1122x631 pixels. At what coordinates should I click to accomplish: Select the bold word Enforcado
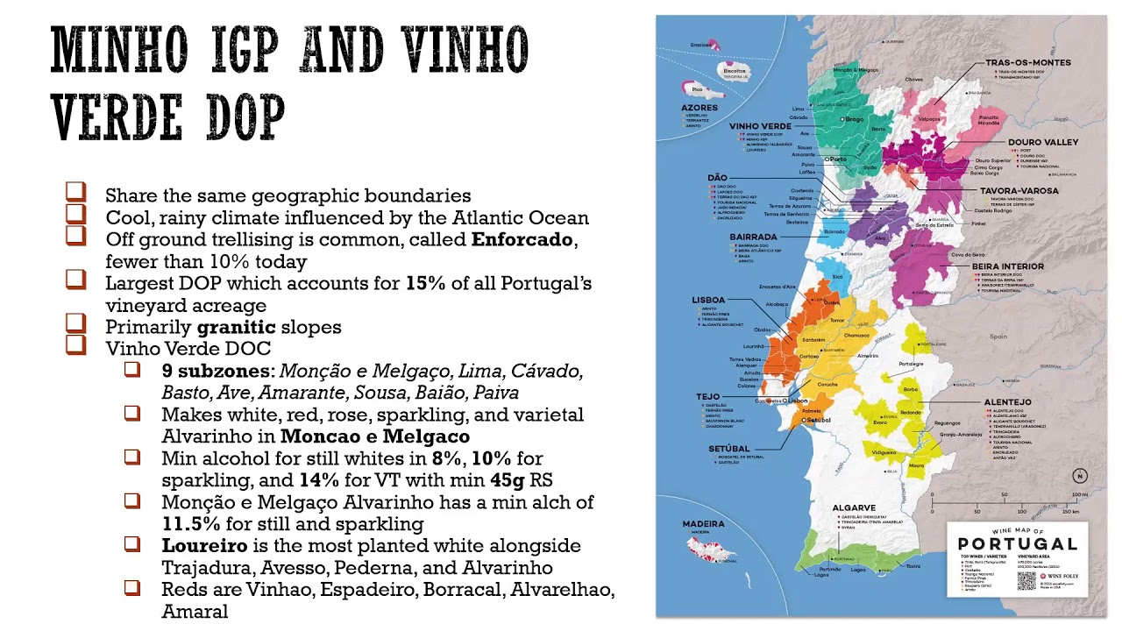522,239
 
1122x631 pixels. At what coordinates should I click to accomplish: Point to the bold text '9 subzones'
217,371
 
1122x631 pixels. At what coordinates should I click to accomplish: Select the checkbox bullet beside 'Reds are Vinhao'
132,587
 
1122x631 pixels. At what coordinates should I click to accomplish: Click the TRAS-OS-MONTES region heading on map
1027,63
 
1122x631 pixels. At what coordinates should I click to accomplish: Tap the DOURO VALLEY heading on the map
1042,142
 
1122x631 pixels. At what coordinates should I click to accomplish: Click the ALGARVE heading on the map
854,507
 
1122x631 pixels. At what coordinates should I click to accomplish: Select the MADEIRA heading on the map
703,524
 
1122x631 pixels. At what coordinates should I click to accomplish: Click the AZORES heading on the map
699,108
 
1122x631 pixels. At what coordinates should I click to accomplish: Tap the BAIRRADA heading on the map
753,237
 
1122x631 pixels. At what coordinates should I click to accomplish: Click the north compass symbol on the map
1079,476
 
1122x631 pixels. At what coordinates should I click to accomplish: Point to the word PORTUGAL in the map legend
1017,544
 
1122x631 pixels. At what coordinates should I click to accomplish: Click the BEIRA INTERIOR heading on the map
1007,266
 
